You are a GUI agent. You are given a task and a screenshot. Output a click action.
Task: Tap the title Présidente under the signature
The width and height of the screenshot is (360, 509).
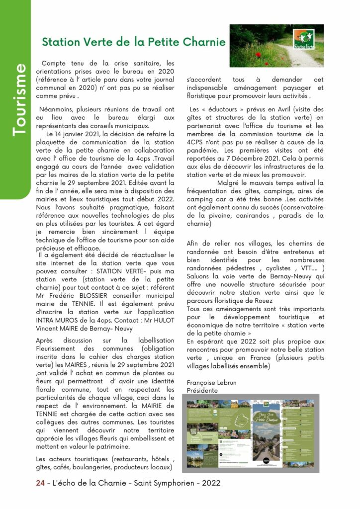pyautogui.click(x=202, y=390)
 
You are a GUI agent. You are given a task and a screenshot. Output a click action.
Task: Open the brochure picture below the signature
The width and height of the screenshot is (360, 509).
pyautogui.click(x=251, y=433)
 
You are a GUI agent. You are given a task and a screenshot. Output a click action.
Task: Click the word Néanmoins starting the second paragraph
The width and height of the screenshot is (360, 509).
pyautogui.click(x=56, y=109)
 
